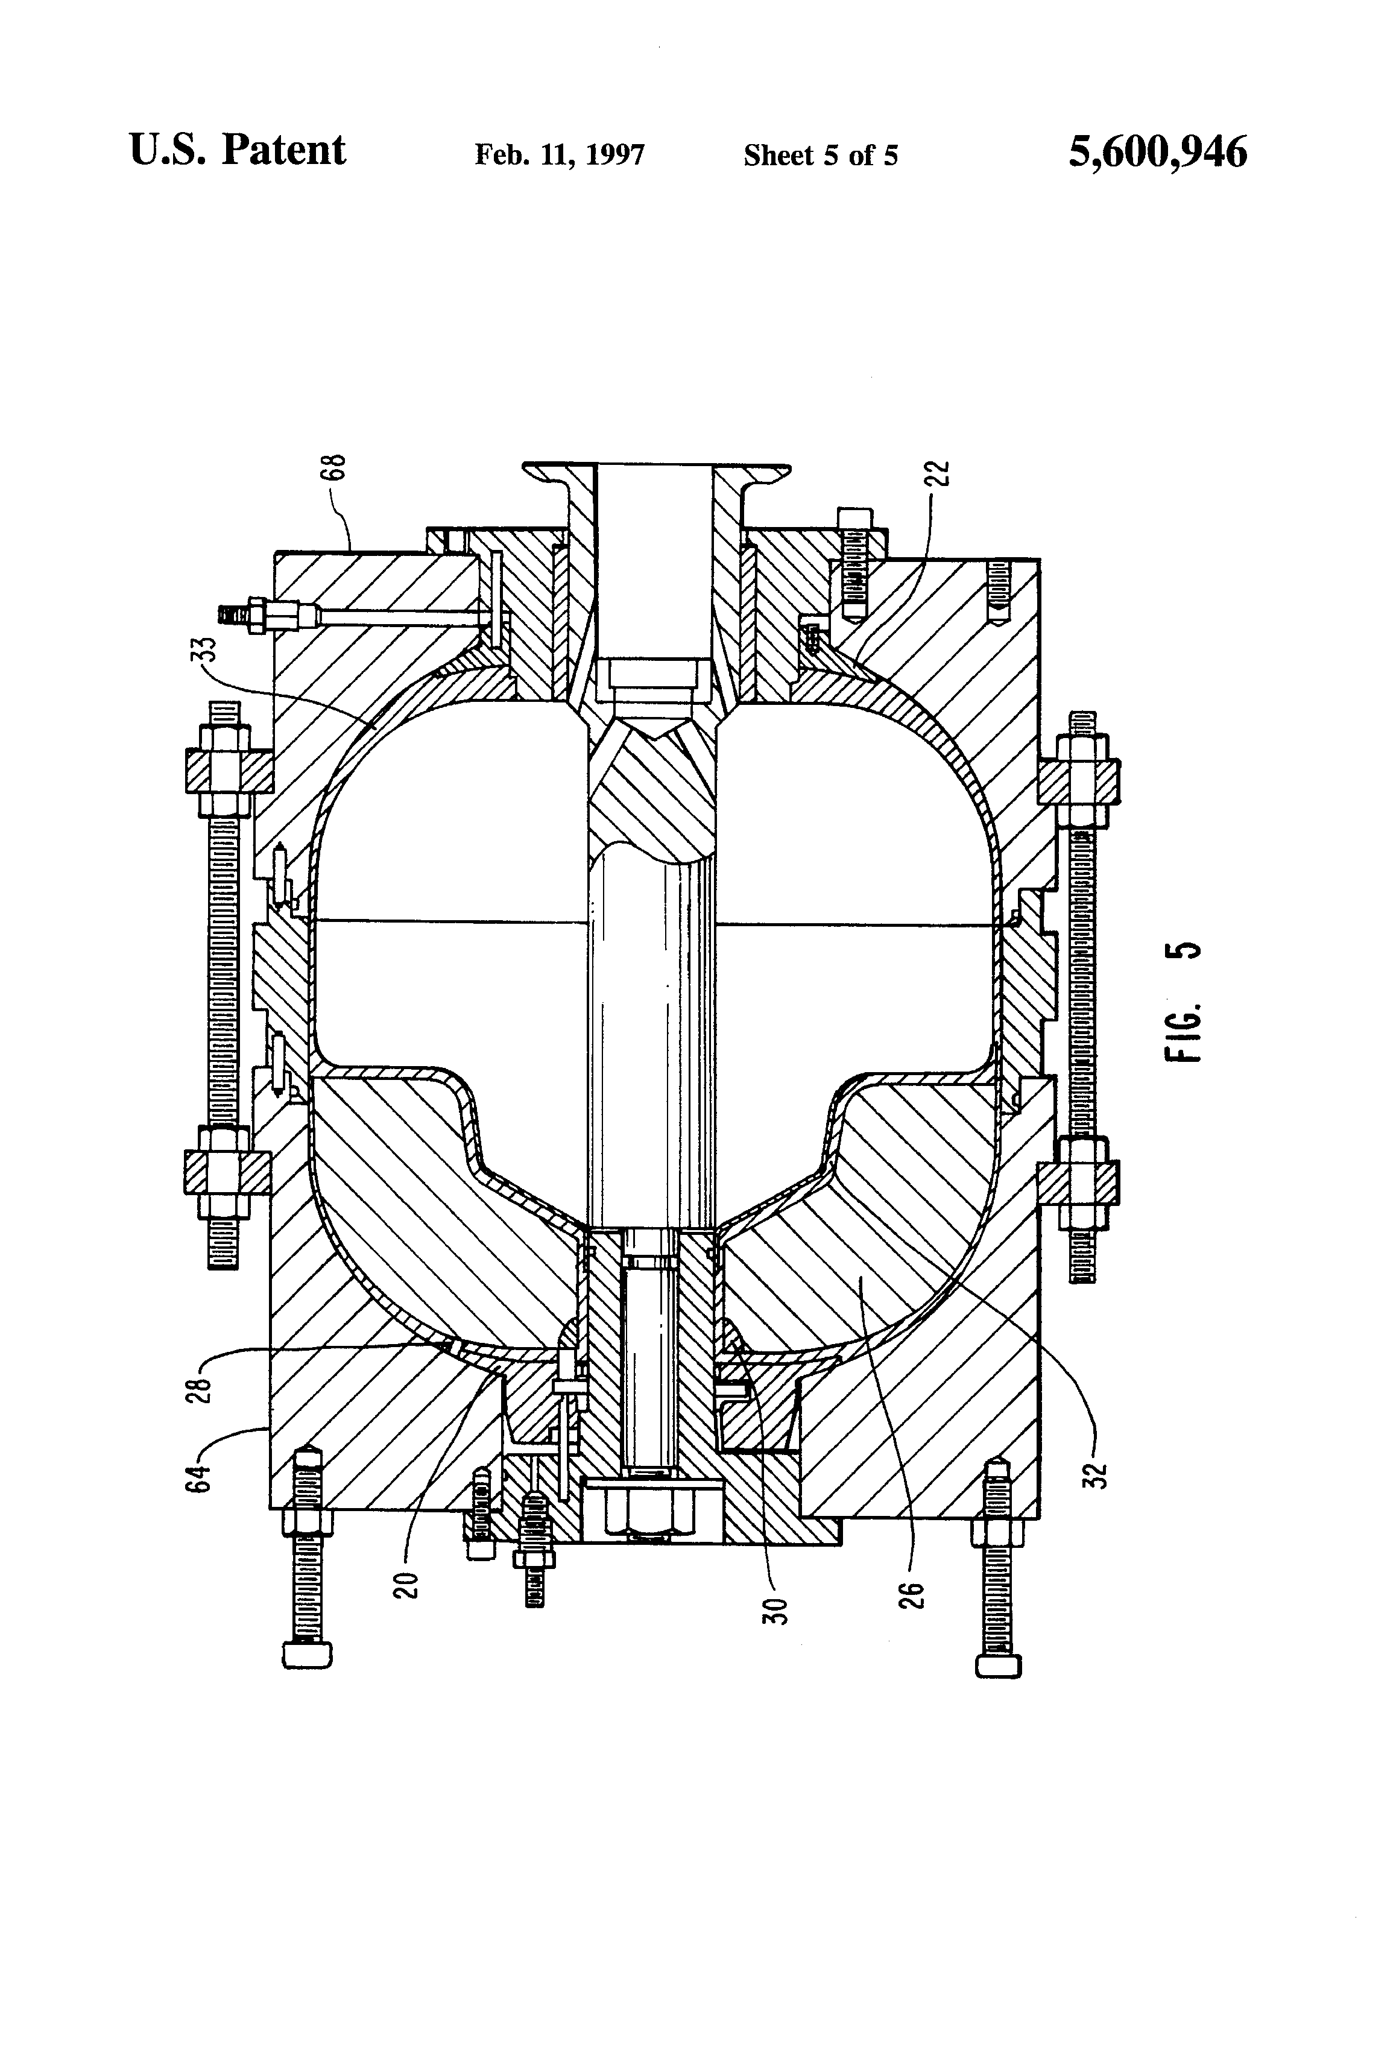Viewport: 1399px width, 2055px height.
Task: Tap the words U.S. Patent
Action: pyautogui.click(x=237, y=150)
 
